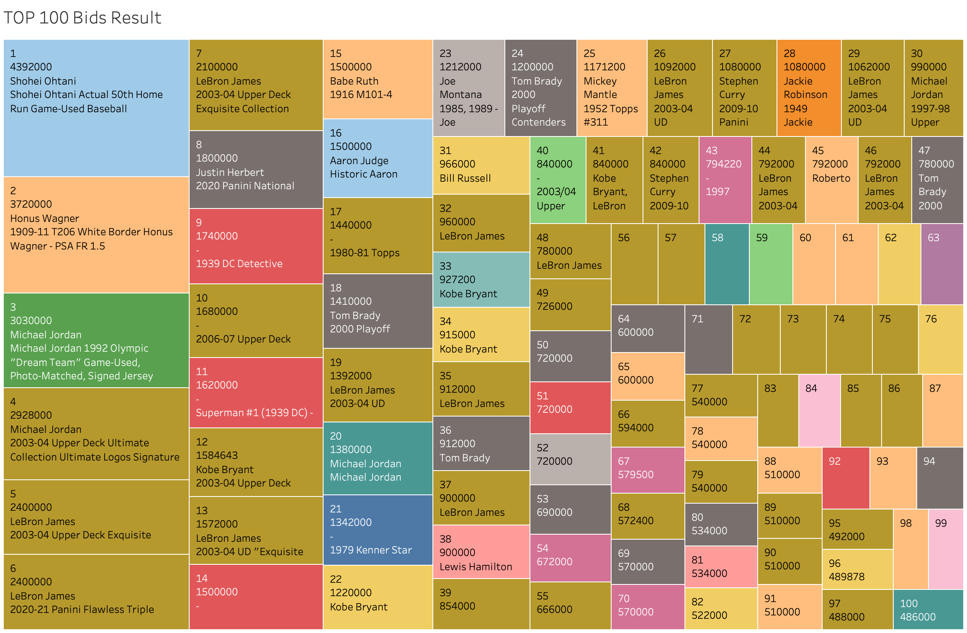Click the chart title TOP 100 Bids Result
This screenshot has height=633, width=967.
(82, 18)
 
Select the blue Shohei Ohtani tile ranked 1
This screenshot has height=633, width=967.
(96, 108)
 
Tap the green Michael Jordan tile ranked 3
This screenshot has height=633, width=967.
(96, 340)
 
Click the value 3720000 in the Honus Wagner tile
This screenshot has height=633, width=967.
(31, 204)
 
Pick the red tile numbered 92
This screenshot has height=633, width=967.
(846, 478)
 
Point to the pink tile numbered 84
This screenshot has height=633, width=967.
(819, 410)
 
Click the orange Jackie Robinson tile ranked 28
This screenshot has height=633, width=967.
(809, 88)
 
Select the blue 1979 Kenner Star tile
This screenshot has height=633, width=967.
(378, 530)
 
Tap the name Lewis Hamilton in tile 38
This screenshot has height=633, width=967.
(476, 567)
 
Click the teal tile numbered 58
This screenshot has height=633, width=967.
(727, 264)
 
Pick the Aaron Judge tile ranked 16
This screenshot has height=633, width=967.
(378, 158)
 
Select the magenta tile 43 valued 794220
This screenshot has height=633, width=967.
(725, 180)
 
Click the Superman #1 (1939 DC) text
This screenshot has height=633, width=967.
(254, 413)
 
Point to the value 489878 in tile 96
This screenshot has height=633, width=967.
(846, 577)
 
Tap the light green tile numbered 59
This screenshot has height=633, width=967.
(770, 264)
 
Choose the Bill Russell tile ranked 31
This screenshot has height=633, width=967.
(481, 165)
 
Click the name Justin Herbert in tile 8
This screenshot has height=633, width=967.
(230, 172)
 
